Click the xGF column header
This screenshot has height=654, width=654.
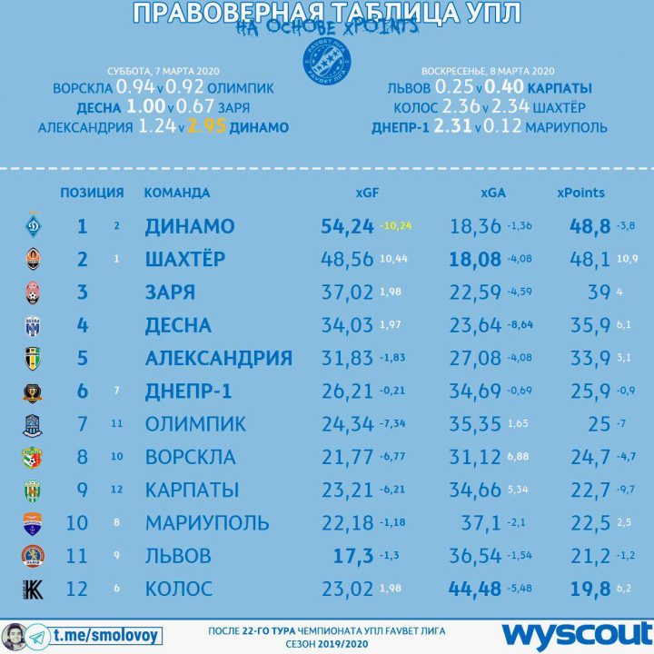(x=366, y=193)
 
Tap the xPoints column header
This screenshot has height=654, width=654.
(x=580, y=193)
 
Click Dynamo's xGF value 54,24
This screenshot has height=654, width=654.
(x=348, y=226)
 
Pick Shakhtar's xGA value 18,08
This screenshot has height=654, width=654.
(x=475, y=260)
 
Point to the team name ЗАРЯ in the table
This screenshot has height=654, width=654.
(x=170, y=292)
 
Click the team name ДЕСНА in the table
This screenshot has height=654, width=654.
(x=178, y=325)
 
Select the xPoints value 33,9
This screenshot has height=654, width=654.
(x=589, y=358)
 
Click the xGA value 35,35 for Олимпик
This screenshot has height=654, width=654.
(x=475, y=424)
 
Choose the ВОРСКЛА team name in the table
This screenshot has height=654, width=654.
(x=190, y=457)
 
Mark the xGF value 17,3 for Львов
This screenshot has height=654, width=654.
(x=354, y=555)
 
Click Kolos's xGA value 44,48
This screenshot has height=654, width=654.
(x=475, y=588)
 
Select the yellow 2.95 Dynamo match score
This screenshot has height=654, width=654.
(x=208, y=128)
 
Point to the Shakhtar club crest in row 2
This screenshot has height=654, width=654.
(x=32, y=260)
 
